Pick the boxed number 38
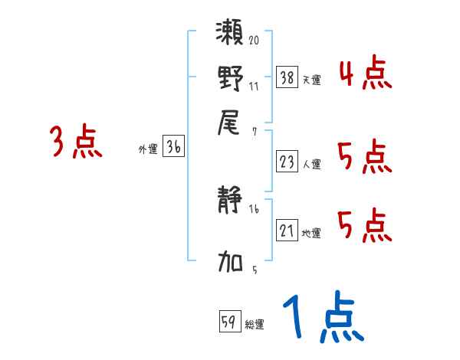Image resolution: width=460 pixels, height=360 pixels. (287, 77)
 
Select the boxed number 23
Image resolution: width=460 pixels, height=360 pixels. (287, 162)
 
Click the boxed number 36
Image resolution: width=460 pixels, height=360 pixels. (173, 147)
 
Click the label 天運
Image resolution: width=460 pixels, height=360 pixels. (312, 80)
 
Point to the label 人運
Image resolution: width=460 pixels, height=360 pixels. (312, 164)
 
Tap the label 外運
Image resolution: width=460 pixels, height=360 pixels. (148, 150)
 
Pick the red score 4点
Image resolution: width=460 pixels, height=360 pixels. (365, 75)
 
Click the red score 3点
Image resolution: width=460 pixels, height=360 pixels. (76, 143)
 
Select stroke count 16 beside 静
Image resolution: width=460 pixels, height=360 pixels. (254, 208)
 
